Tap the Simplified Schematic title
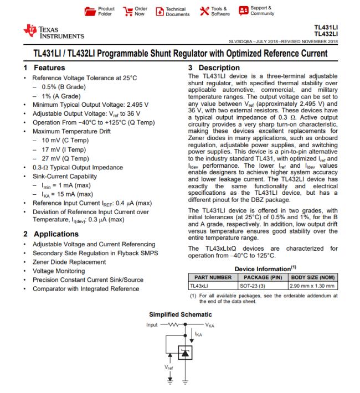(x=181, y=313)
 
